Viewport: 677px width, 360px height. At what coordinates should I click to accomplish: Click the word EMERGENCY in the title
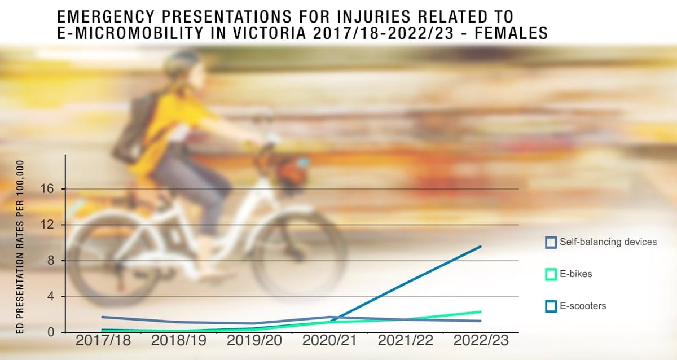pos(106,16)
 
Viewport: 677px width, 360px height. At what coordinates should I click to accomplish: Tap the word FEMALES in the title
pos(511,33)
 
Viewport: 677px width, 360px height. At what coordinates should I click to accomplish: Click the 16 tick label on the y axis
pos(47,189)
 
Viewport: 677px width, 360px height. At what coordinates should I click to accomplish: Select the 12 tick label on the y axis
pos(47,225)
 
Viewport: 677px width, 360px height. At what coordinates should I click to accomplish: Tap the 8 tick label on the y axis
pos(50,260)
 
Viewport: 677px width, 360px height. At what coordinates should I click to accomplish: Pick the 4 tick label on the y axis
pos(50,296)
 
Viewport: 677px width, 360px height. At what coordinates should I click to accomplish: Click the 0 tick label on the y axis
pos(50,332)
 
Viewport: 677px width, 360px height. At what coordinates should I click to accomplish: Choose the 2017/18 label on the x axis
pos(103,340)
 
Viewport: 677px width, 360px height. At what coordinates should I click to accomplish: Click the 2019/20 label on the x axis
pos(254,340)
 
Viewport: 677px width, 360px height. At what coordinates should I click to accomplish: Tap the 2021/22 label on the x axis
pos(405,340)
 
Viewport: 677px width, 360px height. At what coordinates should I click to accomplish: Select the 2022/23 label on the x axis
pos(481,340)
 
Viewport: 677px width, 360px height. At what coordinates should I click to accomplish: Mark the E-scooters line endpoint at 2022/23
pos(480,247)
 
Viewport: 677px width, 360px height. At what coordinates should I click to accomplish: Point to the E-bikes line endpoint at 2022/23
pos(480,312)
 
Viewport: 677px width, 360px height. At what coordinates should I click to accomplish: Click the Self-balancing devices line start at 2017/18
pos(103,317)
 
